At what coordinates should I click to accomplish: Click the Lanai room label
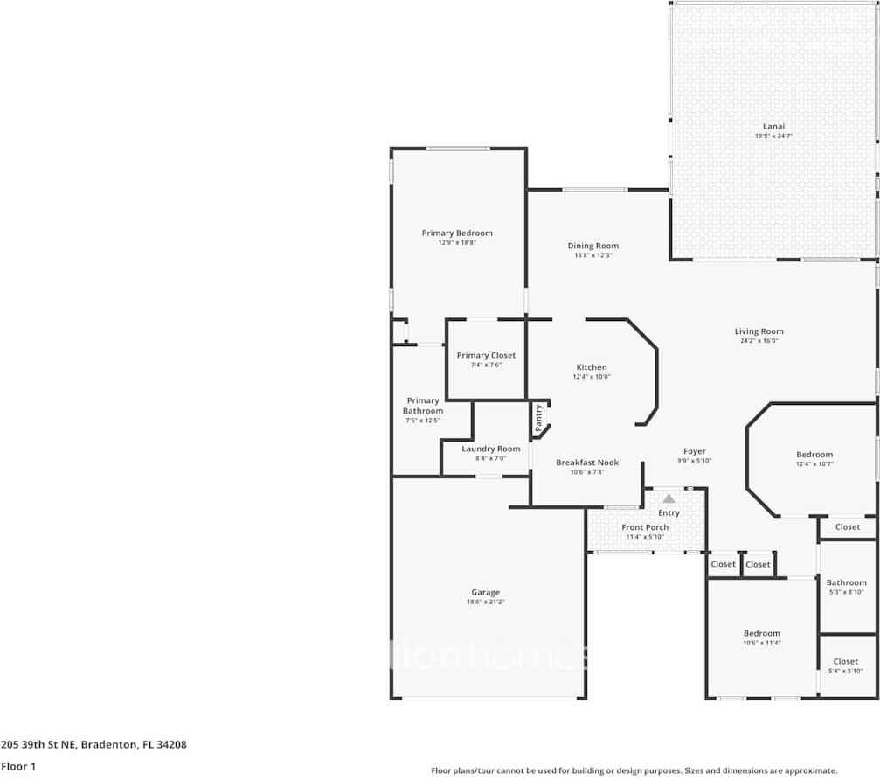[773, 126]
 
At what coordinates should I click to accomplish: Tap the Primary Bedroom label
[457, 233]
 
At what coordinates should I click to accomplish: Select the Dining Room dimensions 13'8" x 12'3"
[593, 256]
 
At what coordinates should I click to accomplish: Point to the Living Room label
[759, 331]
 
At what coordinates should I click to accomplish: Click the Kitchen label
[592, 367]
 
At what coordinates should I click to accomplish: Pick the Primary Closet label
[486, 355]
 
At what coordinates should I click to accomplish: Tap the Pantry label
[539, 417]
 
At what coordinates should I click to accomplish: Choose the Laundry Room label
[490, 449]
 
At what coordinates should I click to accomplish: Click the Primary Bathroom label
[423, 406]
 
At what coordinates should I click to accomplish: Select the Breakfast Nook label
[587, 463]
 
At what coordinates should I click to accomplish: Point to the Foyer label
[695, 451]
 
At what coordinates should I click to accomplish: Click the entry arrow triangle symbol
[669, 498]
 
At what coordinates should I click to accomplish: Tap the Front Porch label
[645, 527]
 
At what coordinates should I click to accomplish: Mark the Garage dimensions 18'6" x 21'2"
[486, 602]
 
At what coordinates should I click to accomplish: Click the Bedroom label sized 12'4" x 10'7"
[814, 455]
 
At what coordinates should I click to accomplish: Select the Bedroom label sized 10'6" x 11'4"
[761, 633]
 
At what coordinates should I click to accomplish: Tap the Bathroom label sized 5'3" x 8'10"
[846, 582]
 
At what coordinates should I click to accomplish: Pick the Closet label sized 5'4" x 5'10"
[845, 662]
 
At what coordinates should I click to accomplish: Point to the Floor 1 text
[18, 766]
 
